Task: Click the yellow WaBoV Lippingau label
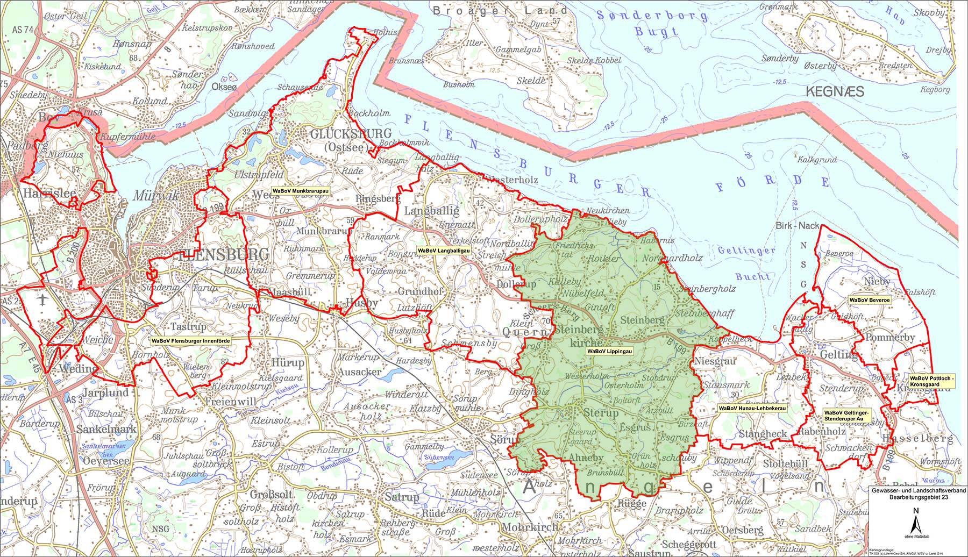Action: tap(609, 351)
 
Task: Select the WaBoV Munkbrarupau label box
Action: tap(301, 190)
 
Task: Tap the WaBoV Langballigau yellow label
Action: tap(444, 251)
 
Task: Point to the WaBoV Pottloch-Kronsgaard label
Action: tap(931, 381)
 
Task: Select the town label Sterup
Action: tap(601, 413)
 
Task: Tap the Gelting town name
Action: tap(839, 355)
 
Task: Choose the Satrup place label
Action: tap(398, 497)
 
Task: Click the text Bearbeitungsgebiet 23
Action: tap(918, 498)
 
